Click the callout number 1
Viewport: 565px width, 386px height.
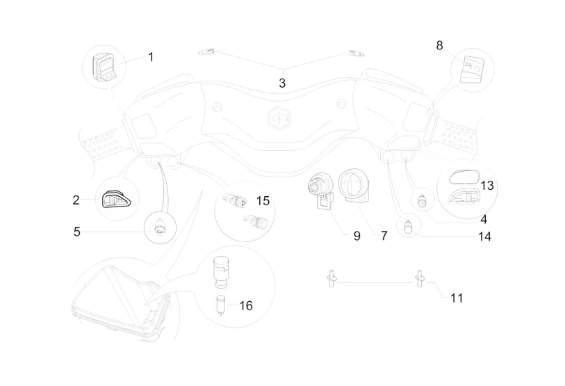coord(151,57)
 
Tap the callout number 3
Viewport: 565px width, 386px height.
coord(282,83)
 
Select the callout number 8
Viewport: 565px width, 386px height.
coord(439,45)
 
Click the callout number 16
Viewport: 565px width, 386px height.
coord(245,305)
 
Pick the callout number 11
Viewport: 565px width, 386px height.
coord(456,298)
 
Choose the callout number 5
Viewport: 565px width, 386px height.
coord(77,232)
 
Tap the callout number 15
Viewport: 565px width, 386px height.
coord(262,201)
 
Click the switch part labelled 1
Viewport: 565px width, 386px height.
coord(106,65)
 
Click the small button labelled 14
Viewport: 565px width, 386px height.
coord(407,225)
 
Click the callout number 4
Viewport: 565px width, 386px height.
coord(483,218)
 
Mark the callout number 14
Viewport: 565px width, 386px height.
coord(484,236)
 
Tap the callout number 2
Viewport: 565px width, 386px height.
coord(76,200)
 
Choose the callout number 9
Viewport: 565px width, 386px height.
coord(357,236)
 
